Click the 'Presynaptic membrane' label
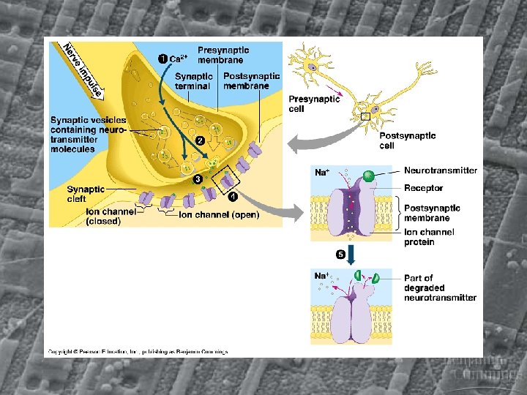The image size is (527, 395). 223,56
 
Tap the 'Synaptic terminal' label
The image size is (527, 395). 194,81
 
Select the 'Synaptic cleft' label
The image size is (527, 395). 86,194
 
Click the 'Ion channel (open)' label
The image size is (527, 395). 219,215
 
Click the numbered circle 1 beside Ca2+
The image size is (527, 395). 162,58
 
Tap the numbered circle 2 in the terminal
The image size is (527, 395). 199,140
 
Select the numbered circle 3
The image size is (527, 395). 197,179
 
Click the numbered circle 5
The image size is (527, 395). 340,254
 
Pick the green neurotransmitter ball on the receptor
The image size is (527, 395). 368,176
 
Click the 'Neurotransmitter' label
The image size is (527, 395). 441,170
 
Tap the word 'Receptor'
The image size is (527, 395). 424,189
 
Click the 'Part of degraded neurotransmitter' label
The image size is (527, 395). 440,287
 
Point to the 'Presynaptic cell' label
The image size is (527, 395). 314,104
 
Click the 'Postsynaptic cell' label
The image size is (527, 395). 407,140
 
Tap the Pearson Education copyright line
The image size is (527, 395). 138,351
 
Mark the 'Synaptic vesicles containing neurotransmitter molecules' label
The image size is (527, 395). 88,135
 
